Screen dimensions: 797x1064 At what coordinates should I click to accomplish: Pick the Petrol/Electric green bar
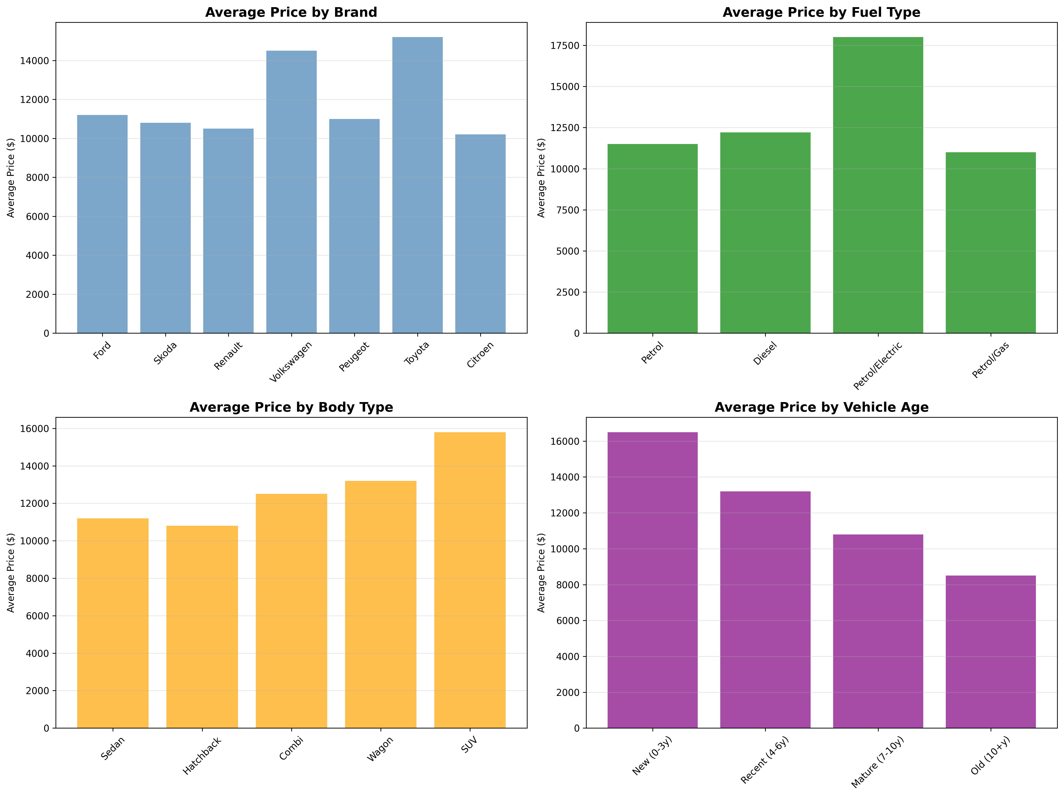(878, 185)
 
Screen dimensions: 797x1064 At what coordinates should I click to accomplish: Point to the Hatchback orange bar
(202, 627)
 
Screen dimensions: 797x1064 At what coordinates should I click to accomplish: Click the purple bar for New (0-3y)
(652, 580)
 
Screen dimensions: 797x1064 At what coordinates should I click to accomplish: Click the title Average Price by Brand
(291, 13)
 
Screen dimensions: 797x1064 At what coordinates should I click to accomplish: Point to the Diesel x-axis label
(765, 353)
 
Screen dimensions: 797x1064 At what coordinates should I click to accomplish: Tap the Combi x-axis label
(292, 748)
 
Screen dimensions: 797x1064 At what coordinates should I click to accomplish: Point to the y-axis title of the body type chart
(11, 573)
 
